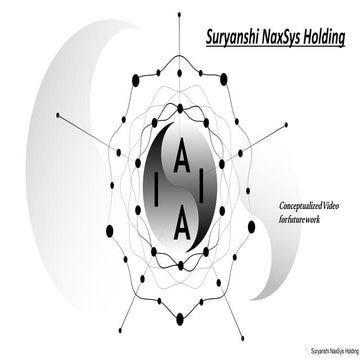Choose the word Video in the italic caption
(x=326, y=202)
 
